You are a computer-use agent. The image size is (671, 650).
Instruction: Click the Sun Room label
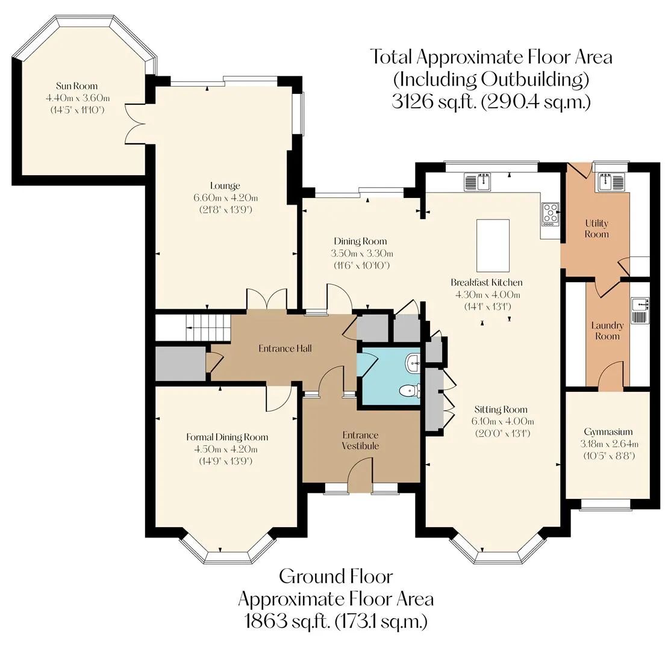(x=76, y=86)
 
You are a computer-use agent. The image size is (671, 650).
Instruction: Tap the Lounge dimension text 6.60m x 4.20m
(x=225, y=197)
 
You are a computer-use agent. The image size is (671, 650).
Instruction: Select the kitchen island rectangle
(x=493, y=246)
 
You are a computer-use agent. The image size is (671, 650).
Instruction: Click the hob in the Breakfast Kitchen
(x=551, y=214)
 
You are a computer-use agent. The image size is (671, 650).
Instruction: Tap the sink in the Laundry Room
(x=640, y=310)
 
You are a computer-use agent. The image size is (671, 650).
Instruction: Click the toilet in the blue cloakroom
(x=410, y=390)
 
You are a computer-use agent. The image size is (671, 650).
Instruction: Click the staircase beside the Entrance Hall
(x=193, y=328)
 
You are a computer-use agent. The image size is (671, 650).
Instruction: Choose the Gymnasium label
(x=608, y=432)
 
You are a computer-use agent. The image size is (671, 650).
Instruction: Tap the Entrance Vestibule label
(x=360, y=441)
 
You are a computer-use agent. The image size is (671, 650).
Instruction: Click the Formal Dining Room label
(x=227, y=437)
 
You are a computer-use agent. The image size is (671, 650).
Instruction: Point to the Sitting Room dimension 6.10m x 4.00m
(x=502, y=421)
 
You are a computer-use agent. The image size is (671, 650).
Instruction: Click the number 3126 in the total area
(x=411, y=102)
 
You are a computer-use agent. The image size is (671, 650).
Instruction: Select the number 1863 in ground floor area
(x=265, y=621)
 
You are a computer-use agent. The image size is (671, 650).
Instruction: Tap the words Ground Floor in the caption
(x=336, y=577)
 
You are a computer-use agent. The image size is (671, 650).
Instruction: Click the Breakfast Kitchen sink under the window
(x=477, y=182)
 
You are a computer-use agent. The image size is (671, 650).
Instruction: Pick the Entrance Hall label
(x=285, y=348)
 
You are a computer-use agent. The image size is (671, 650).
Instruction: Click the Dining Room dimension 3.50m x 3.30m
(x=361, y=253)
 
